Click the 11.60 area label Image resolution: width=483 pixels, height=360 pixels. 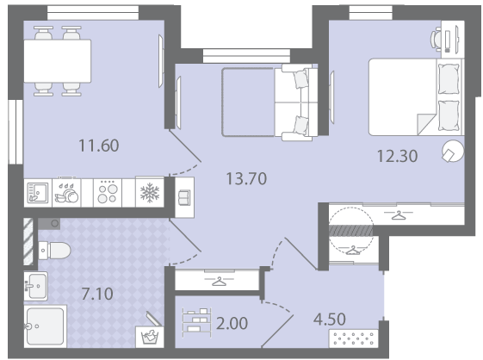point(99,146)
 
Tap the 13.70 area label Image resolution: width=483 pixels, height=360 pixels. point(246,178)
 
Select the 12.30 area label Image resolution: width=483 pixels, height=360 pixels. point(398,156)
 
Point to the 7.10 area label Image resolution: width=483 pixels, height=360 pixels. point(97,294)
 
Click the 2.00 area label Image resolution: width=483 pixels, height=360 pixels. point(232,323)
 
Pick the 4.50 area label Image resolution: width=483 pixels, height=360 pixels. point(329,320)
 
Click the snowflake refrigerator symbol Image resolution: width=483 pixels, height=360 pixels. point(150,193)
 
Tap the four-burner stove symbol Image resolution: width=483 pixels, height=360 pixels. point(108,193)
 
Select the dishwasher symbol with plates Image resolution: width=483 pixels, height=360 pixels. point(66,193)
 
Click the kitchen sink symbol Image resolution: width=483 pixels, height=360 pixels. point(38,193)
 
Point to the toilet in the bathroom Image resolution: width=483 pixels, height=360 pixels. point(54,251)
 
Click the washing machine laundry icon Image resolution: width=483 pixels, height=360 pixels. point(150,337)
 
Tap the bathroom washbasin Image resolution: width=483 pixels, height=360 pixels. point(36,286)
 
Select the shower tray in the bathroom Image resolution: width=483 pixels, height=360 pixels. point(46,326)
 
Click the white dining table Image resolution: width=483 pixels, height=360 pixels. point(58,61)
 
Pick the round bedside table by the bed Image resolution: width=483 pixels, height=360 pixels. point(453,151)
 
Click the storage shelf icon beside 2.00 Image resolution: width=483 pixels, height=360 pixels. point(196,323)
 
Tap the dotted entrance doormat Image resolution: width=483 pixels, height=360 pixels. point(354,338)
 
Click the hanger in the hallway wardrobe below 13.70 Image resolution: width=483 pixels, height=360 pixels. point(219,282)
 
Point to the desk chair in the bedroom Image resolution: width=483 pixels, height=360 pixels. point(437,39)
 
